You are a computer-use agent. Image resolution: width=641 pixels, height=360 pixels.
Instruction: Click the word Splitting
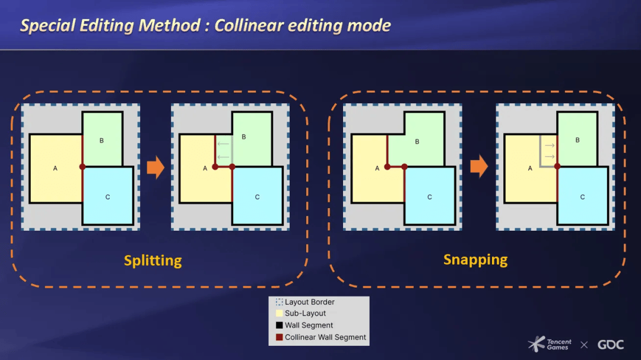[153, 260]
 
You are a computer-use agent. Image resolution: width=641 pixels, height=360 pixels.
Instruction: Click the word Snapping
[475, 259]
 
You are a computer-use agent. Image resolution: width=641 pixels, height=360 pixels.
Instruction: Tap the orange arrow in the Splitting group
[156, 167]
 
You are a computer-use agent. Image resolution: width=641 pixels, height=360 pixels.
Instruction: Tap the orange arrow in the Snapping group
[478, 167]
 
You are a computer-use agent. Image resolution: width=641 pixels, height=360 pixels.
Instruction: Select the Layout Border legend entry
[309, 302]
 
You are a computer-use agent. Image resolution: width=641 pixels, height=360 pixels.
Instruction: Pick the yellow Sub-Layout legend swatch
[280, 314]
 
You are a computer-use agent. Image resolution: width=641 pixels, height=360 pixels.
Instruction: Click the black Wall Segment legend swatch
[280, 326]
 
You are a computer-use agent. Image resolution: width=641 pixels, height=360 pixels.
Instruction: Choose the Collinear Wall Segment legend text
[325, 337]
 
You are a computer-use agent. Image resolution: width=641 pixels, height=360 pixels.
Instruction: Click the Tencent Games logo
[550, 344]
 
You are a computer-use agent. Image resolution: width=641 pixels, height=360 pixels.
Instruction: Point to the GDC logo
[610, 345]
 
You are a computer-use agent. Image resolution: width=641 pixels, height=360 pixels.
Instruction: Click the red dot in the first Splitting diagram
[82, 167]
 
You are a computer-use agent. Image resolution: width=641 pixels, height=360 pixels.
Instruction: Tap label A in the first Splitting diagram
[55, 168]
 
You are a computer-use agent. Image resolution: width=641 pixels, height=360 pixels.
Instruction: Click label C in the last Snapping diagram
[582, 197]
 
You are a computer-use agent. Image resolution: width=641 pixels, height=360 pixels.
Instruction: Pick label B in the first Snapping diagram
[417, 142]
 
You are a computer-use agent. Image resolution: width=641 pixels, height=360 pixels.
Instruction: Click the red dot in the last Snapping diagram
[557, 167]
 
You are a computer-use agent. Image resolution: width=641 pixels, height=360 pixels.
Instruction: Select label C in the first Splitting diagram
[107, 197]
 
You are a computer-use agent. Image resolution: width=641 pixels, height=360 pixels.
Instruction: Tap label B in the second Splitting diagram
[243, 137]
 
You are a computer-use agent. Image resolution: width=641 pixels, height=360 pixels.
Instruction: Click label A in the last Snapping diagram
[530, 168]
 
